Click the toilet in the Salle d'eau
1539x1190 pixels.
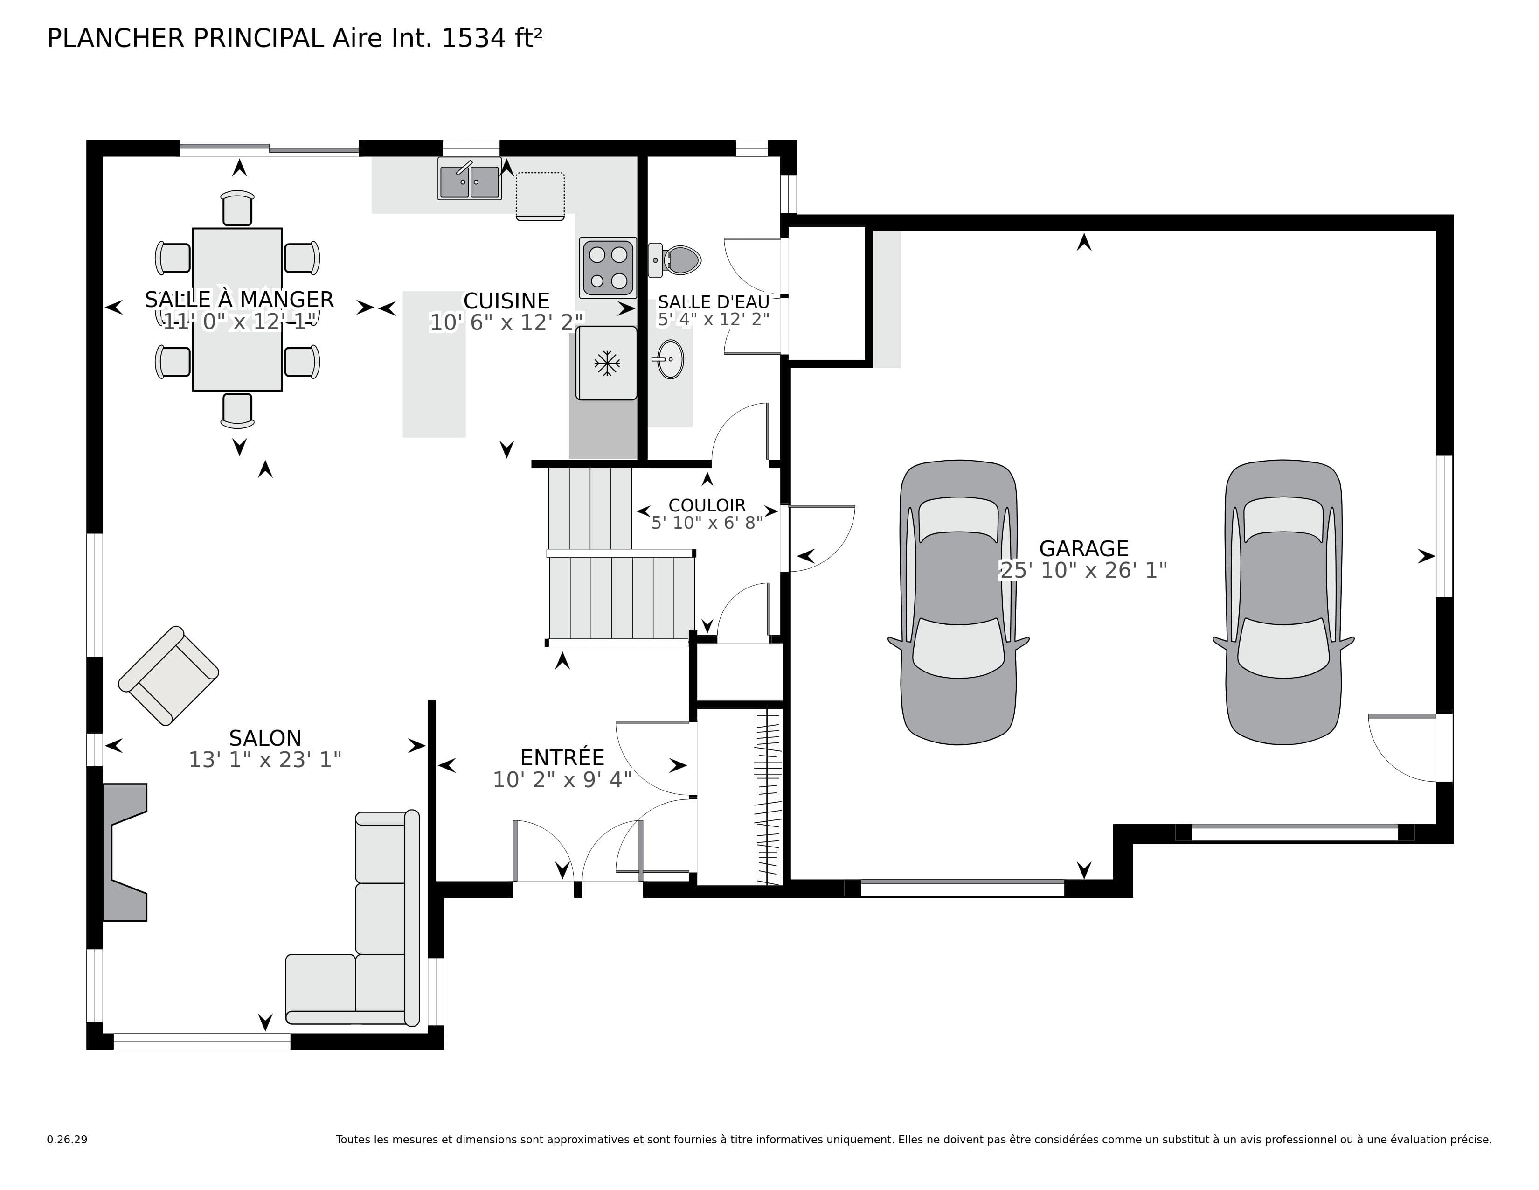pos(677,260)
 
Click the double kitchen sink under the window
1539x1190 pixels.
pos(469,180)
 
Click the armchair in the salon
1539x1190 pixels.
pos(168,675)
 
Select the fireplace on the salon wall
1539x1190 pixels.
pos(124,852)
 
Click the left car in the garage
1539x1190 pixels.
pos(958,603)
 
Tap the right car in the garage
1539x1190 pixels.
pos(1283,603)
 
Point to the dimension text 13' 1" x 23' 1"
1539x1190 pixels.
pos(265,760)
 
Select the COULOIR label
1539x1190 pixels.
pos(707,505)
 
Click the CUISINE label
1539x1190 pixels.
pos(506,301)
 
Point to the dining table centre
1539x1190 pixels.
pos(237,309)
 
